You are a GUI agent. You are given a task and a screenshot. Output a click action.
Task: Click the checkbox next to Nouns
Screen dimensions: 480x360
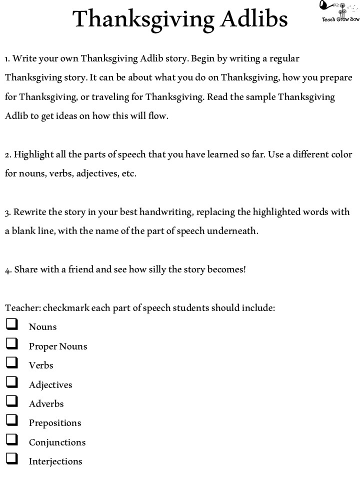pos(12,325)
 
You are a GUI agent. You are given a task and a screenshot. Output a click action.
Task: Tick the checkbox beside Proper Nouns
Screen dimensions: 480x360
pos(12,344)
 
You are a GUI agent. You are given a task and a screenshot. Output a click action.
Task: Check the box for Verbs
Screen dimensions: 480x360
pos(12,363)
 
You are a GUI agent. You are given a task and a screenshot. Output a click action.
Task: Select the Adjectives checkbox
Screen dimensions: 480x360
pos(12,382)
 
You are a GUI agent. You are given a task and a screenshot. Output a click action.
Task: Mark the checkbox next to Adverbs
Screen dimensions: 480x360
pos(12,401)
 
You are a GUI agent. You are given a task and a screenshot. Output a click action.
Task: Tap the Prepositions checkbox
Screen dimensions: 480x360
pos(12,420)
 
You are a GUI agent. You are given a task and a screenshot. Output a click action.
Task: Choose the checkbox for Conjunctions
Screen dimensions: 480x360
pos(12,440)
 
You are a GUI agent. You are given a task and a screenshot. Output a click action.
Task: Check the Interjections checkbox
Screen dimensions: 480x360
pos(12,459)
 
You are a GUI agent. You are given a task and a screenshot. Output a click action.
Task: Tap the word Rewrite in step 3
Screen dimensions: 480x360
pos(30,212)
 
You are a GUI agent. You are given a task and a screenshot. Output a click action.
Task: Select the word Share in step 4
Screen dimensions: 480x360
pos(25,269)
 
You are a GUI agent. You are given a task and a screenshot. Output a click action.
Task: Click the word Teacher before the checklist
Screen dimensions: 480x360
pos(22,308)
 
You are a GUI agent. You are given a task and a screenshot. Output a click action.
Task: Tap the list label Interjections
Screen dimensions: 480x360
pos(55,461)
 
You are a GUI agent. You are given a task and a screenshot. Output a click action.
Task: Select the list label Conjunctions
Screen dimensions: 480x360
pos(57,442)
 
